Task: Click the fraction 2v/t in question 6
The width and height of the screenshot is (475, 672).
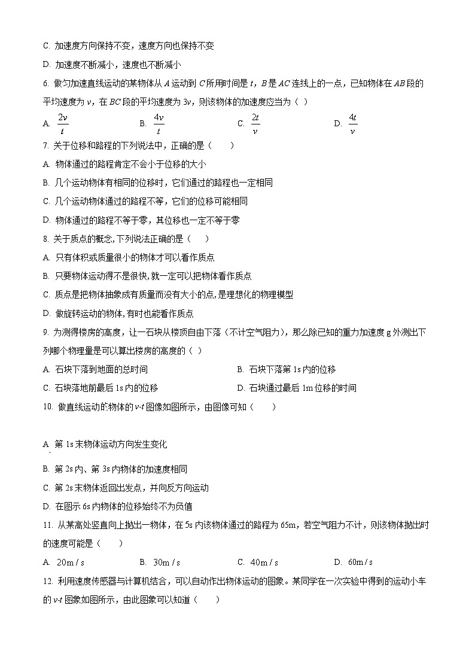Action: coord(62,123)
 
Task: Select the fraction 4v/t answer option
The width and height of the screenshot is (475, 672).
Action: coord(159,123)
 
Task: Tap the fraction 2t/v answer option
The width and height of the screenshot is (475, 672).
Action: coord(255,123)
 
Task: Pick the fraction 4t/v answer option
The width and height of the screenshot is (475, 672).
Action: coord(352,123)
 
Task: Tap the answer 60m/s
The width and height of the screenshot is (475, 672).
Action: coord(361,562)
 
